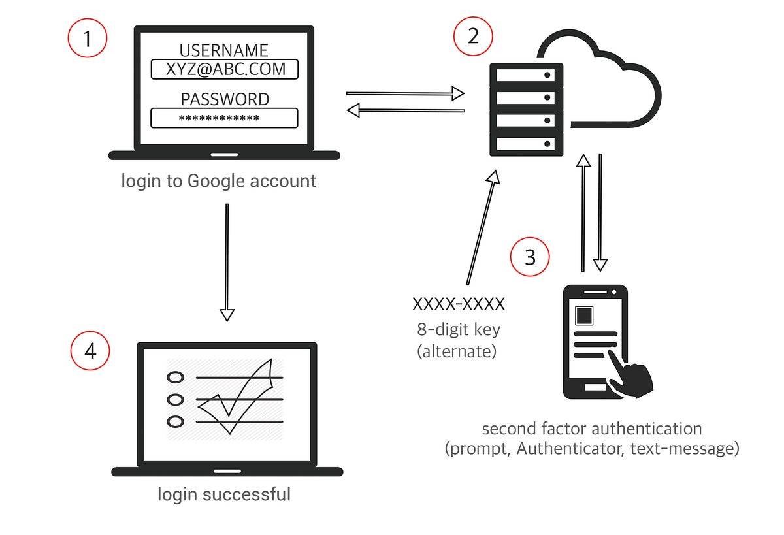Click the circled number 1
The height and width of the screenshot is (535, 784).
(x=88, y=41)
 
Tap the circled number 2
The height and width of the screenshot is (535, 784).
(x=473, y=36)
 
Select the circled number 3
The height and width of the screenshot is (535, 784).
(x=530, y=257)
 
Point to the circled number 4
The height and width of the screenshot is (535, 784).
(x=90, y=351)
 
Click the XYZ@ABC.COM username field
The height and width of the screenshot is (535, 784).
(x=224, y=69)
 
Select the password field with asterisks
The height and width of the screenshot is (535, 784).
(x=224, y=118)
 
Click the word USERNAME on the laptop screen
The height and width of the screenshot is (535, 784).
(x=224, y=50)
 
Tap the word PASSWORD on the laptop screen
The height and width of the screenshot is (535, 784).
(x=224, y=99)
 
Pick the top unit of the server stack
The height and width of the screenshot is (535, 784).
(x=527, y=75)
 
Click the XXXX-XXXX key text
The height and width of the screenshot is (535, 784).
(x=459, y=304)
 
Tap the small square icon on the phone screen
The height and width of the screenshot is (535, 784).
(x=583, y=316)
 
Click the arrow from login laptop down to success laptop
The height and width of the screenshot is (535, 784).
(x=227, y=261)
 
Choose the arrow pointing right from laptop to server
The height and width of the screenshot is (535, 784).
(x=405, y=93)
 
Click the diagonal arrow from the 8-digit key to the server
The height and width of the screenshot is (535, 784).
(x=483, y=229)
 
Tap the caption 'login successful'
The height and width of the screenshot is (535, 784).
(x=224, y=494)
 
